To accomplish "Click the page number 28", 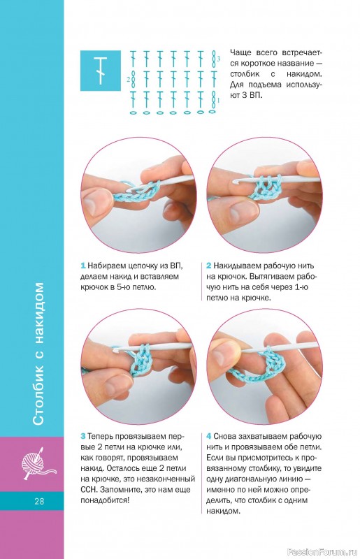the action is point(39,501).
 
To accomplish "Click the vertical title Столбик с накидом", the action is point(38,354).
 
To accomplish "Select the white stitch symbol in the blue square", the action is point(101,71).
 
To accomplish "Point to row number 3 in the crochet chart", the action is point(218,58).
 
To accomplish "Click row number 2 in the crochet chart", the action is point(128,80).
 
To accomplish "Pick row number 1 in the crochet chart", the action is point(218,101).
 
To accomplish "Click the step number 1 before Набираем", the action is point(82,266).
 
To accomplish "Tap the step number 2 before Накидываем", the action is point(209,266).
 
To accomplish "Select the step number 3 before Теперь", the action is point(83,436).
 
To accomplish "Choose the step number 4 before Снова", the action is point(209,436).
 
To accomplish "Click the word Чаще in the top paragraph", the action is point(240,53).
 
